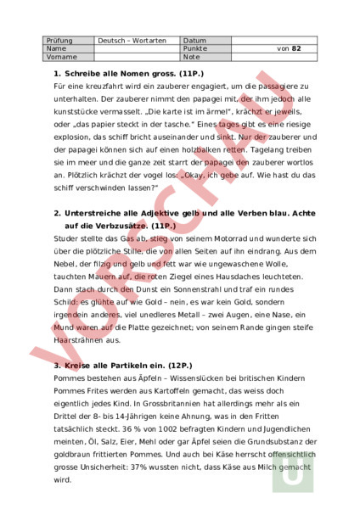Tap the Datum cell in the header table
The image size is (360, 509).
coord(194,40)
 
